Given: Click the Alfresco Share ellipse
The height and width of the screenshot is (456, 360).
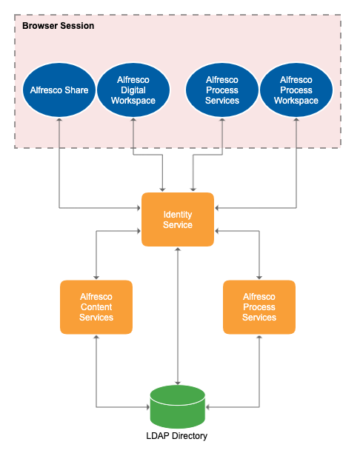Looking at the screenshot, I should [59, 90].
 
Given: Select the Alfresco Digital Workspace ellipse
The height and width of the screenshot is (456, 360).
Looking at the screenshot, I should [133, 90].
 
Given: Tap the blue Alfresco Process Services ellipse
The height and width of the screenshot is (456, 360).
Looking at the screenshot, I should [222, 90].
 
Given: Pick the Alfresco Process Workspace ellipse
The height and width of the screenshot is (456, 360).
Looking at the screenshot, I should [296, 90].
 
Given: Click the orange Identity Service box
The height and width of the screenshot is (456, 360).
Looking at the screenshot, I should [178, 219].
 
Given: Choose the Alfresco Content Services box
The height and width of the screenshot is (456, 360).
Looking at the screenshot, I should [96, 306].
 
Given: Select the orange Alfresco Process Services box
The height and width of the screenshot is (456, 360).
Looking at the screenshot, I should [259, 306].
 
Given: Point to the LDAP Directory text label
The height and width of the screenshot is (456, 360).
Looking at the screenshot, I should [178, 436].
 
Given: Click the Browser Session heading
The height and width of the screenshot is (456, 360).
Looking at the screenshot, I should [58, 26].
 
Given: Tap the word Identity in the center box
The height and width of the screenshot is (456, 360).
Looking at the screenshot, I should [178, 214].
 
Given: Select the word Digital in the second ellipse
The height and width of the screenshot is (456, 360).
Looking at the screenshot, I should [133, 90].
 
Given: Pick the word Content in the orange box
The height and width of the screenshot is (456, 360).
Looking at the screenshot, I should [96, 306].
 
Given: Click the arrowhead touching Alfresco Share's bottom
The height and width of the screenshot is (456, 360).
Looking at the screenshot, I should [59, 121].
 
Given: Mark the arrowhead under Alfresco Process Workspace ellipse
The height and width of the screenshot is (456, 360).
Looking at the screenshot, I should [296, 121].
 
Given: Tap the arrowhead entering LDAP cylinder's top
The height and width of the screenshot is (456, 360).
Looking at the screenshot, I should [178, 381].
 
